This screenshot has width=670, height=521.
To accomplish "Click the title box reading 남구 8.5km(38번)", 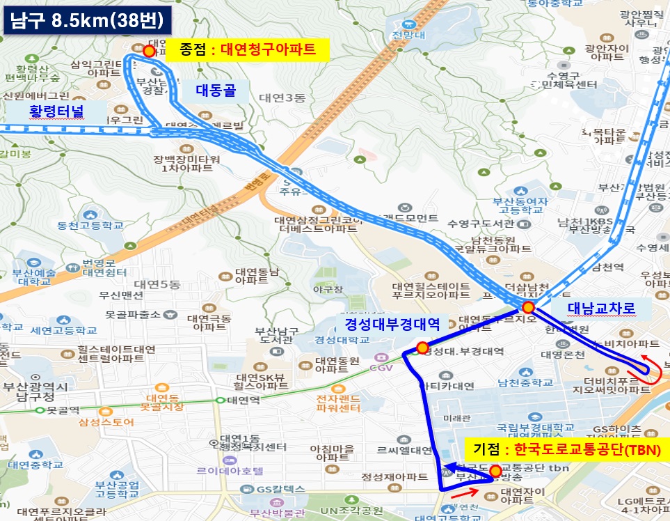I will point(87,20).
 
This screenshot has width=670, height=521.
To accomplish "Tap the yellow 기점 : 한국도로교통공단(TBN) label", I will point(563,449).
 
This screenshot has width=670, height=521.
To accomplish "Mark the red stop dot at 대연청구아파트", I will point(148,51).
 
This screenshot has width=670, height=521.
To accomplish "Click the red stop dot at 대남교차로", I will point(528,307).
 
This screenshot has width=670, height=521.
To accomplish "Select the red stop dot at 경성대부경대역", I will point(422,348).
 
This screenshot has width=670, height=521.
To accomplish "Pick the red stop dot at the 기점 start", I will point(495,472).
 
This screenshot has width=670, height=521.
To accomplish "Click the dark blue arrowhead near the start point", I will point(449,467).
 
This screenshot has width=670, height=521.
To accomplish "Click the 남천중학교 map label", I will point(526,382).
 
